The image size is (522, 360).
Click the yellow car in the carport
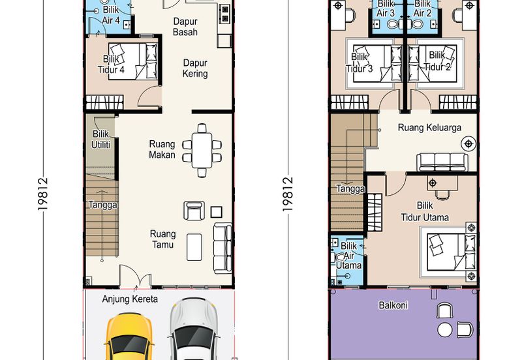click(129, 337)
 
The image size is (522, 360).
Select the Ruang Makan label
click(162, 149)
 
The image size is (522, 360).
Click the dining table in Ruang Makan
click(202, 150)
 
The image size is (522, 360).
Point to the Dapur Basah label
click(185, 27)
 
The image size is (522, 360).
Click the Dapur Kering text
click(195, 68)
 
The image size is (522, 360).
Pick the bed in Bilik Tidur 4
click(133, 61)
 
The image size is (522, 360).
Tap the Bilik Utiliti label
click(100, 139)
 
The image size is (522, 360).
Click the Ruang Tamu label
click(162, 239)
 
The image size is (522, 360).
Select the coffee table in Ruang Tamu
click(194, 247)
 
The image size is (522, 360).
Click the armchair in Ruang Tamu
click(194, 211)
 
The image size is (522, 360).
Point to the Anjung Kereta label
click(130, 299)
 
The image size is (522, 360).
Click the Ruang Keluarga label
click(429, 127)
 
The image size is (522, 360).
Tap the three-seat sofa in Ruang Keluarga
click(442, 162)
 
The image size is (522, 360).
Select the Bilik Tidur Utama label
click(425, 211)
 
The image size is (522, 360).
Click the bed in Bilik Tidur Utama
click(452, 252)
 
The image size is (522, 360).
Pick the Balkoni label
click(393, 305)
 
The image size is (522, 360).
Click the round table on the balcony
click(445, 330)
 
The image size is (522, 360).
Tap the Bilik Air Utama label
click(348, 256)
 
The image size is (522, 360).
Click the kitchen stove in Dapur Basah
click(225, 14)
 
